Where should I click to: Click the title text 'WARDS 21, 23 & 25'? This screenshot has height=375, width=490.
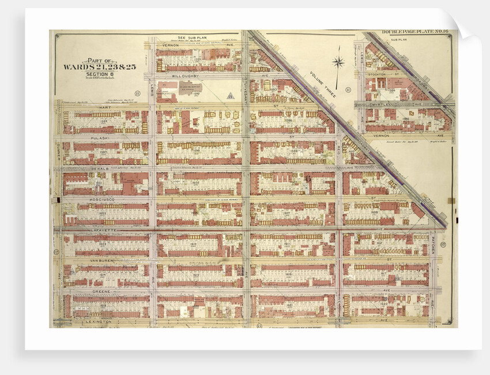[x=99, y=67]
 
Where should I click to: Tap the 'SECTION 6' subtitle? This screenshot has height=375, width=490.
[x=100, y=73]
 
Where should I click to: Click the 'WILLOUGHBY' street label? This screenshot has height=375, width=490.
[x=174, y=76]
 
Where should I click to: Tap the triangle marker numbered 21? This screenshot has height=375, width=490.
[x=231, y=96]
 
